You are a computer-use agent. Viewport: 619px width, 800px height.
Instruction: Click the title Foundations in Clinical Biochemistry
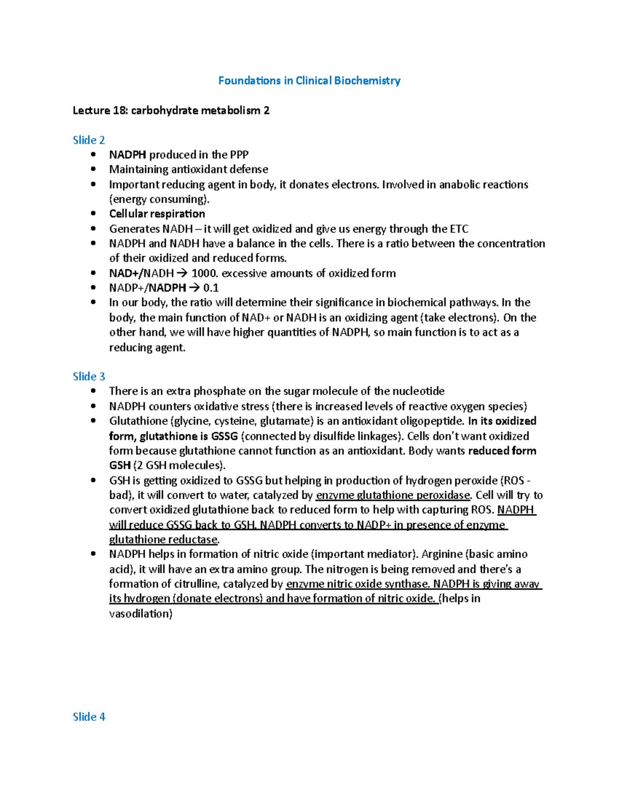pyautogui.click(x=309, y=80)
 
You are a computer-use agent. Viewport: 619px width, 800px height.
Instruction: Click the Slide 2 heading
pyautogui.click(x=89, y=140)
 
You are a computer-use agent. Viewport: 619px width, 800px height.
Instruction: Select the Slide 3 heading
pyautogui.click(x=89, y=377)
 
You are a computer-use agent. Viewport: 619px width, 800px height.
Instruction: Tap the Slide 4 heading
pyautogui.click(x=89, y=717)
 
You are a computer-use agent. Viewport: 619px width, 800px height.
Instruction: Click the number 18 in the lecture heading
pyautogui.click(x=120, y=110)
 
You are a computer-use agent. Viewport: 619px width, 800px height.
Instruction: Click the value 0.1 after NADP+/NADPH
pyautogui.click(x=211, y=288)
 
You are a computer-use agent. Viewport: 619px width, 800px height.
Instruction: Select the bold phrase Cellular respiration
pyautogui.click(x=157, y=214)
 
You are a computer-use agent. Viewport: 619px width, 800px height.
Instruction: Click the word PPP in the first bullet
pyautogui.click(x=239, y=155)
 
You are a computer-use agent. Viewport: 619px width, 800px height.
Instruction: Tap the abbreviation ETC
pyautogui.click(x=459, y=229)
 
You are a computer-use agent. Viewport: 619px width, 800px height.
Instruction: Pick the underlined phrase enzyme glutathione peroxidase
pyautogui.click(x=393, y=495)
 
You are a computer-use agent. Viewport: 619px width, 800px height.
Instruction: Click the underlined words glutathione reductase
pyautogui.click(x=164, y=539)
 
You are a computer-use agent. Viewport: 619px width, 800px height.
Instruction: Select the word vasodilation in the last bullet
pyautogui.click(x=140, y=614)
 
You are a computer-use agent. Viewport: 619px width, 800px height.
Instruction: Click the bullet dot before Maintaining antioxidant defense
pyautogui.click(x=93, y=169)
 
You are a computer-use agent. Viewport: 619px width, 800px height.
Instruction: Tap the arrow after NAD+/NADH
pyautogui.click(x=182, y=273)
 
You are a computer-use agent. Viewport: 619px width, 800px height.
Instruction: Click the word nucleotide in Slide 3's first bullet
pyautogui.click(x=417, y=391)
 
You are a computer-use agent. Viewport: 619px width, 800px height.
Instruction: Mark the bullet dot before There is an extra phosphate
pyautogui.click(x=93, y=391)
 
